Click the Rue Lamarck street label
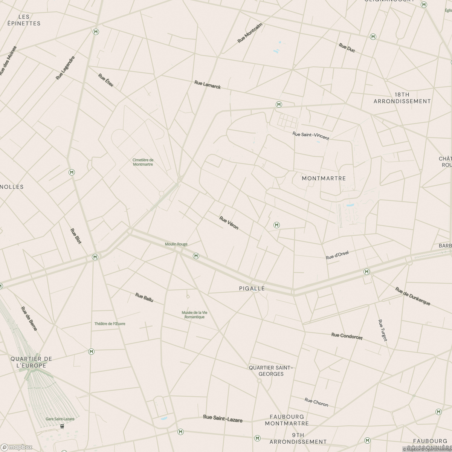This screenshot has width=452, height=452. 208,85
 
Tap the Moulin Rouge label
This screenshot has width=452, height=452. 176,244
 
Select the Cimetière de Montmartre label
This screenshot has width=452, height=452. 143,162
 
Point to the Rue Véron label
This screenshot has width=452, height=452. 229,223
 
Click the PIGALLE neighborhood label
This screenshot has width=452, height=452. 252,289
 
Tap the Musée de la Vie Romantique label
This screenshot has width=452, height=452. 194,315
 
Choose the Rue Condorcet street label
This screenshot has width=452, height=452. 347,336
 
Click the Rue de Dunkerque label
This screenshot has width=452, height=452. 412,296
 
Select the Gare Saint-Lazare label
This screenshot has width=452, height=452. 60,419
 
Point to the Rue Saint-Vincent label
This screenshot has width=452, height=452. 311,136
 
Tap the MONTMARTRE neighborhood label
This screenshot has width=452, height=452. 324,178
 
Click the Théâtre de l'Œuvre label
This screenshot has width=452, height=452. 110,324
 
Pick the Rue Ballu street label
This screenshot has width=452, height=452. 144,298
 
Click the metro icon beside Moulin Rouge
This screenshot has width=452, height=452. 196,256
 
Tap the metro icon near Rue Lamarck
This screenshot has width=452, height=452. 279,104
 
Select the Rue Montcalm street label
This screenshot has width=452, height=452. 250,33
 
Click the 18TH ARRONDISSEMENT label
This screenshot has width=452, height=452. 402,98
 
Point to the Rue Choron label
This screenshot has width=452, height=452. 316,402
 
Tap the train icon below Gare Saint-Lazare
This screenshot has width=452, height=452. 61,426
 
